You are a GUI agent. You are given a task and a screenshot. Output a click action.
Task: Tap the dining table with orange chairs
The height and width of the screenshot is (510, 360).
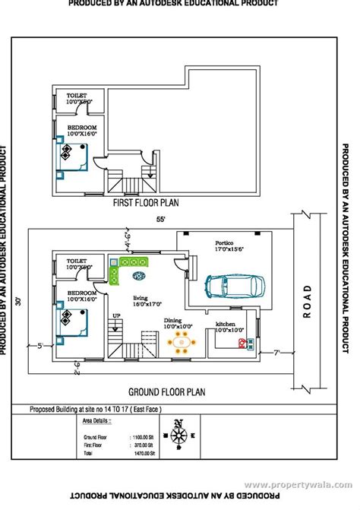pyautogui.click(x=182, y=342)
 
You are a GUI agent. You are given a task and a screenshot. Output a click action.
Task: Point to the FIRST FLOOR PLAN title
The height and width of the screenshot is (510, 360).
pyautogui.click(x=146, y=204)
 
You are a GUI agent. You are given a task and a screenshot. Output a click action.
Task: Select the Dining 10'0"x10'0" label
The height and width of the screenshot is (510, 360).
pyautogui.click(x=179, y=323)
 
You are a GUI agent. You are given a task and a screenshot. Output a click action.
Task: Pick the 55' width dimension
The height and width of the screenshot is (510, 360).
pyautogui.click(x=160, y=219)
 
